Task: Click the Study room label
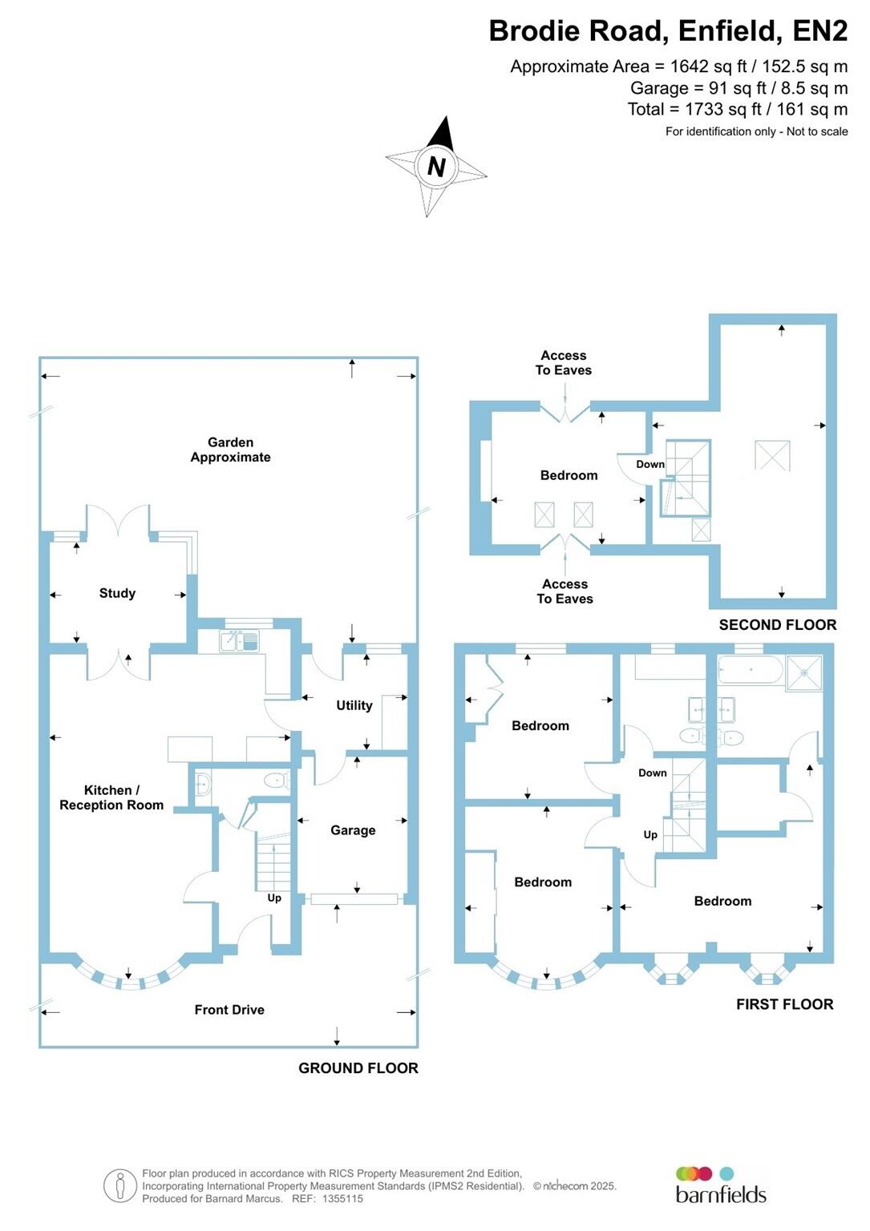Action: [x=117, y=593]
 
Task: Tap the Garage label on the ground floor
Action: [x=353, y=830]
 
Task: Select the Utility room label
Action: [x=354, y=705]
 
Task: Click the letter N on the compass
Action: [x=436, y=167]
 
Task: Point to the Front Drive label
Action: [x=229, y=1010]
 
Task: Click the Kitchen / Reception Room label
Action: [x=111, y=797]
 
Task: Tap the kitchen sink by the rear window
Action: [x=239, y=640]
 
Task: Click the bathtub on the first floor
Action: [x=750, y=670]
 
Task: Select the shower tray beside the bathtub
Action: [x=804, y=672]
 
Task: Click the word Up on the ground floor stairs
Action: [x=274, y=898]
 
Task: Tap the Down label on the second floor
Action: [x=650, y=464]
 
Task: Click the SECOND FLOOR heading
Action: [x=777, y=625]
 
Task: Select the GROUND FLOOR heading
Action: [x=358, y=1068]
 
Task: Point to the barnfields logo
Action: [x=720, y=1185]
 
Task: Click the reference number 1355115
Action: [x=342, y=1199]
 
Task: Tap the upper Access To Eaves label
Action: [x=564, y=363]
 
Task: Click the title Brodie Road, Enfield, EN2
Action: [x=668, y=30]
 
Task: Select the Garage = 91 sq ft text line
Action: [x=738, y=88]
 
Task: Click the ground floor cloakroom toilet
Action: [x=277, y=780]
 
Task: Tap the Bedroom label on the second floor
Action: [x=569, y=475]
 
